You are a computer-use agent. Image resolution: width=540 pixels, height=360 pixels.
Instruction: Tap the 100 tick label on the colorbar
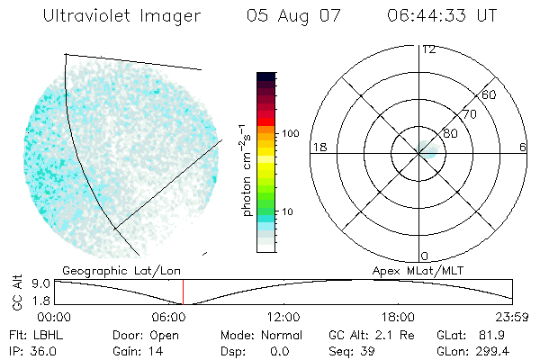(289, 133)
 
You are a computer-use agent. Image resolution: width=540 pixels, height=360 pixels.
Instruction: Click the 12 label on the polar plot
(428, 49)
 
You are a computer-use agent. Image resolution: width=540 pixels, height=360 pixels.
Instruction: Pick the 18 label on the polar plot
(318, 147)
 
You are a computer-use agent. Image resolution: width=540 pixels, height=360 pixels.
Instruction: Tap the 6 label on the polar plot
(523, 147)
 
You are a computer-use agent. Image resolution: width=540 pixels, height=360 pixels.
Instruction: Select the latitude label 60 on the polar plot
(490, 94)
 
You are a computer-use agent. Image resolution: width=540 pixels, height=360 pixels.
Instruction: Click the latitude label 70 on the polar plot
(469, 114)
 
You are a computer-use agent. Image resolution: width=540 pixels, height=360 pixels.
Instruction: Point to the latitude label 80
(450, 133)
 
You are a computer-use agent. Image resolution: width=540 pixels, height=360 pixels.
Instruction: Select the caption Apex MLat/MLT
(416, 270)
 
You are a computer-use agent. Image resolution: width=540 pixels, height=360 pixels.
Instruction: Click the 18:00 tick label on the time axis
(398, 317)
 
